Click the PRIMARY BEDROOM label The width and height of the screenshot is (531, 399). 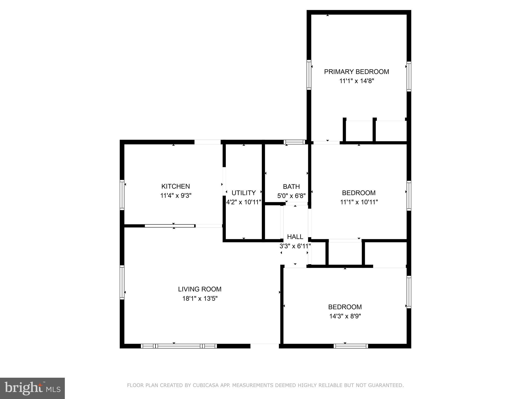click(357, 72)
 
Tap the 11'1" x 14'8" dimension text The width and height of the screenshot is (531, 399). click(357, 81)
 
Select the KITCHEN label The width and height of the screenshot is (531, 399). click(176, 186)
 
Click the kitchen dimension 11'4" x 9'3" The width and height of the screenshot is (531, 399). click(176, 196)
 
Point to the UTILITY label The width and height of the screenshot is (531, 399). click(243, 193)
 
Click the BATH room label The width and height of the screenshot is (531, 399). click(291, 187)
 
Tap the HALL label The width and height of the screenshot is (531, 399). click(295, 237)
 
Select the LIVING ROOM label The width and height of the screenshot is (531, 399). click(200, 289)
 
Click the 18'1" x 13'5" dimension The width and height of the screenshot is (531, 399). click(200, 298)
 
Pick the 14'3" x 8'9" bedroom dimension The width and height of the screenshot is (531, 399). click(345, 316)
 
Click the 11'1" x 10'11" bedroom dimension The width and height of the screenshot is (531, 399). click(359, 202)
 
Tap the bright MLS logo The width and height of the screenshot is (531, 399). click(32, 388)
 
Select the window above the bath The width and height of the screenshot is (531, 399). click(294, 142)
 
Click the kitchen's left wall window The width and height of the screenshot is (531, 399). click(122, 195)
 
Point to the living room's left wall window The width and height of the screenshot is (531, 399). click(122, 282)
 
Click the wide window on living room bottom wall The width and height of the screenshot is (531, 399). click(179, 346)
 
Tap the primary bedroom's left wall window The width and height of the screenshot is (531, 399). click(309, 75)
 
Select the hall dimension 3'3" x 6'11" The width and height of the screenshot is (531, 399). click(295, 246)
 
